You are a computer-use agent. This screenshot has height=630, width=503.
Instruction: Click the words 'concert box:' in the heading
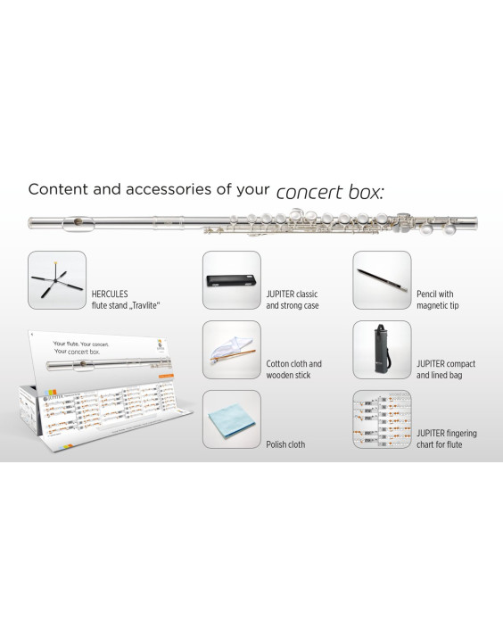(331, 192)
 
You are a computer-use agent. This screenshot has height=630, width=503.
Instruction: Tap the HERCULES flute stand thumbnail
(57, 279)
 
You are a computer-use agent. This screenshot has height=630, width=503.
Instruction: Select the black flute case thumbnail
(231, 279)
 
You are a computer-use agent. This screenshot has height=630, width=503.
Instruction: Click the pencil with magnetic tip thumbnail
(382, 279)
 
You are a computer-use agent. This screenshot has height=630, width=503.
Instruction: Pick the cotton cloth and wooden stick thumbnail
(231, 350)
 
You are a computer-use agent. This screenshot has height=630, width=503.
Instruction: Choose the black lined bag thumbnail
(382, 350)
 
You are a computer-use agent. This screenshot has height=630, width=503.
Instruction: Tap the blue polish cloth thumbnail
(231, 419)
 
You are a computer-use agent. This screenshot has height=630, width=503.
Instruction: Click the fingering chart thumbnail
(382, 419)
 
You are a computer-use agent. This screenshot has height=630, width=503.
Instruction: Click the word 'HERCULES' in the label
(110, 294)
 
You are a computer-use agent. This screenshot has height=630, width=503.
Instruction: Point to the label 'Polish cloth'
(285, 443)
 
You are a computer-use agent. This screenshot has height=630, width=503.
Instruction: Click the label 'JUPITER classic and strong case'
(292, 299)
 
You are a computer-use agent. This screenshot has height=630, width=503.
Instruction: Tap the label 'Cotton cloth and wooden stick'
(293, 369)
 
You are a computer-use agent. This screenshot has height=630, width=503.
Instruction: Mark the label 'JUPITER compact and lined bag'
(445, 369)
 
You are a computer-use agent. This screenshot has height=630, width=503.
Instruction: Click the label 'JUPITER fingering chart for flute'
(446, 438)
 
